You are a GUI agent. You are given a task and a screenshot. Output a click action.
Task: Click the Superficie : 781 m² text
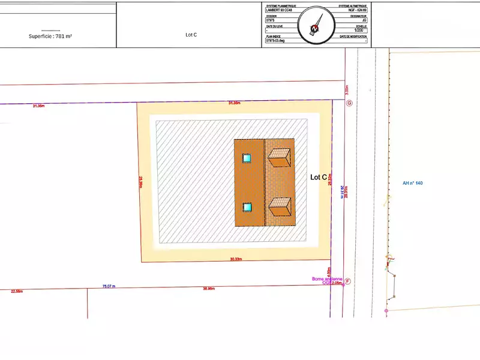pyautogui.click(x=50, y=36)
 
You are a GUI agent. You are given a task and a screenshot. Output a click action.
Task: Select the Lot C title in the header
pyautogui.click(x=191, y=35)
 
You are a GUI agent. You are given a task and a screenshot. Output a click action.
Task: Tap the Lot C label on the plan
pyautogui.click(x=319, y=177)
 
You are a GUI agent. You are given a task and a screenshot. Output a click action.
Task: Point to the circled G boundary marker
pyautogui.click(x=350, y=103)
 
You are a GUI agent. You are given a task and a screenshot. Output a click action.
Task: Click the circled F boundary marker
pyautogui.click(x=347, y=281)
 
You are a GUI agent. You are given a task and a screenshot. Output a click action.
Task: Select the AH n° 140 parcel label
pyautogui.click(x=413, y=183)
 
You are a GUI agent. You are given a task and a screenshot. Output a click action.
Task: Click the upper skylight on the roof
pyautogui.click(x=247, y=158)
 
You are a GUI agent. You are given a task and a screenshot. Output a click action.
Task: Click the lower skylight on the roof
pyautogui.click(x=247, y=207)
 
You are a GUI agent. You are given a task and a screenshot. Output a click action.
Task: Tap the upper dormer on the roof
pyautogui.click(x=280, y=158)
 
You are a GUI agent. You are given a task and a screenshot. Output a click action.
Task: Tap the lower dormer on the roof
pyautogui.click(x=280, y=208)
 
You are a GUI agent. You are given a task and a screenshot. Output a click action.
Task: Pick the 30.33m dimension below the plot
pyautogui.click(x=235, y=259)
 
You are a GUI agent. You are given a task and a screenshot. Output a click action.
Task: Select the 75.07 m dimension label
pyautogui.click(x=109, y=286)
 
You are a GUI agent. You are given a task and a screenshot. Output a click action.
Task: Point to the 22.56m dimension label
pyautogui.click(x=17, y=291)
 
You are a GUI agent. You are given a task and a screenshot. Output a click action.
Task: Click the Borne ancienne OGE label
pyautogui.click(x=327, y=280)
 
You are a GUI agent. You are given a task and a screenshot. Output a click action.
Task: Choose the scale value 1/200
pyautogui.click(x=361, y=32)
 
